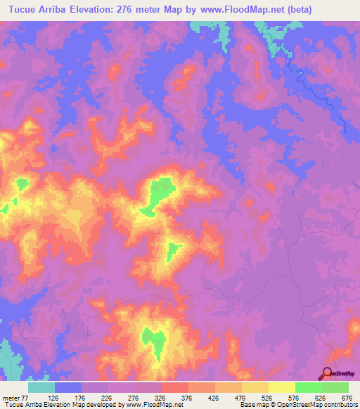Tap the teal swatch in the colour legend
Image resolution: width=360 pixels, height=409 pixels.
(x=41, y=387)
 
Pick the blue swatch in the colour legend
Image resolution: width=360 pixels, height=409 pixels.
(x=68, y=387)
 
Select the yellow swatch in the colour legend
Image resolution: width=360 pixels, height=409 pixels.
(x=255, y=387)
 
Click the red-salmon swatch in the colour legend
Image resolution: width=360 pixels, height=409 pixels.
(x=175, y=387)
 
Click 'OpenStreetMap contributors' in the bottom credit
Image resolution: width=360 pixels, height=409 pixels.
(x=320, y=405)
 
